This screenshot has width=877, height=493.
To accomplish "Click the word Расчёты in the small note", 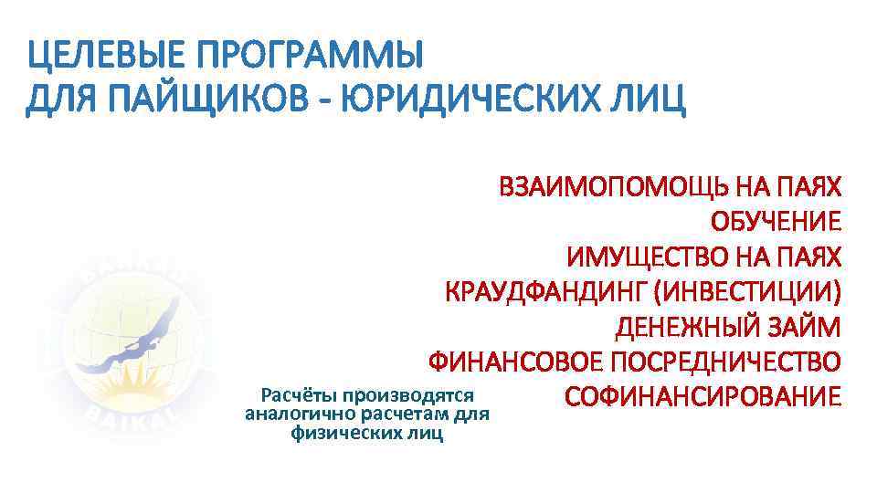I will (298, 396).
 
